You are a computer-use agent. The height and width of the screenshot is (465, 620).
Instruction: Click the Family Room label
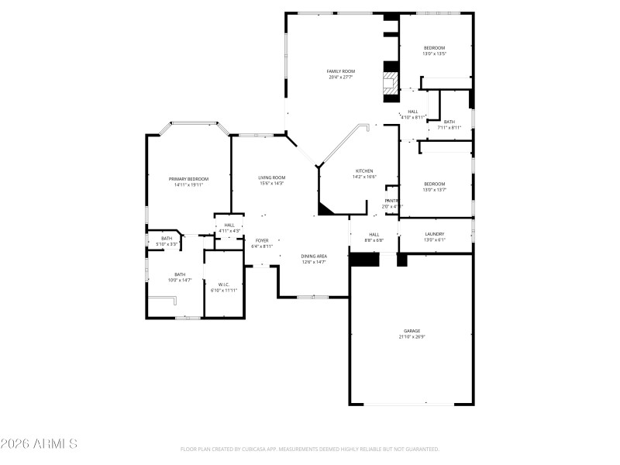340,71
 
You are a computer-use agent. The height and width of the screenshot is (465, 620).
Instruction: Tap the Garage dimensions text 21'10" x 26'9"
411,336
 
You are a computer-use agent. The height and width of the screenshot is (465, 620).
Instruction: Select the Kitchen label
364,170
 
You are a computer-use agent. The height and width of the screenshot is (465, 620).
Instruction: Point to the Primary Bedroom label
189,178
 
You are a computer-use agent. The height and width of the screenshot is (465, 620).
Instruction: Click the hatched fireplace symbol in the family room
390,84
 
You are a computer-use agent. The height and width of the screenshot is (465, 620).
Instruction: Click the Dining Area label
314,256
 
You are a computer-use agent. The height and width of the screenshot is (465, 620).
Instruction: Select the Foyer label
262,240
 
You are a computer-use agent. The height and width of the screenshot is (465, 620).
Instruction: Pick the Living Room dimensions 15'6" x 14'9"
271,184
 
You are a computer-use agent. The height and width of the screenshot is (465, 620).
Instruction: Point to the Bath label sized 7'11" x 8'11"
449,122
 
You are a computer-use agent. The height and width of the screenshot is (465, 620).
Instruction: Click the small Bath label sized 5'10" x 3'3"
167,239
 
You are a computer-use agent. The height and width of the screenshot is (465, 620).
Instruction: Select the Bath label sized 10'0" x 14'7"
180,274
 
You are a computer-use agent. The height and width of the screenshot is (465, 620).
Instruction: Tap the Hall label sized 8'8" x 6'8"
374,234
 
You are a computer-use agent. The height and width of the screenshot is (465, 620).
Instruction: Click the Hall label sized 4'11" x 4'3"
229,225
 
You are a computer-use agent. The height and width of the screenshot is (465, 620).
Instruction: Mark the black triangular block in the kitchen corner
325,208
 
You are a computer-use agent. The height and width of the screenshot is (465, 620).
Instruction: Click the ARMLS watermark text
39,444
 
